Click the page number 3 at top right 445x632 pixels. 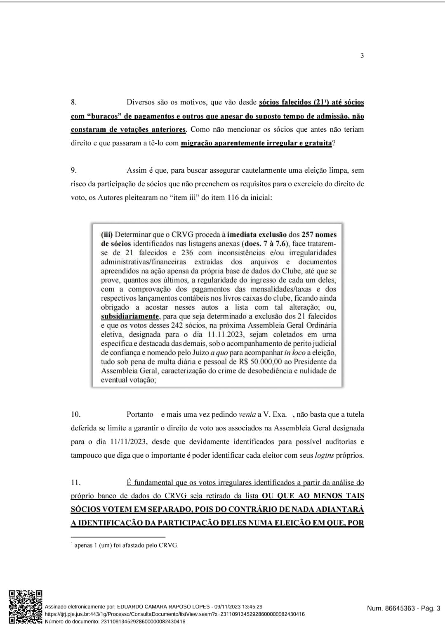pyautogui.click(x=362, y=56)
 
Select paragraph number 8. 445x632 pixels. pyautogui.click(x=73, y=102)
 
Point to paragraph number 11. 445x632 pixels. pyautogui.click(x=75, y=482)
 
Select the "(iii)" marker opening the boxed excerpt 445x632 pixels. pyautogui.click(x=107, y=235)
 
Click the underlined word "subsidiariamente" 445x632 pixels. pyautogui.click(x=130, y=316)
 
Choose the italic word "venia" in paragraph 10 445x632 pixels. pyautogui.click(x=247, y=414)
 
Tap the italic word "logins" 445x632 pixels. pyautogui.click(x=324, y=456)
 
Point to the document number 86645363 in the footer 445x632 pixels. pyautogui.click(x=400, y=608)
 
